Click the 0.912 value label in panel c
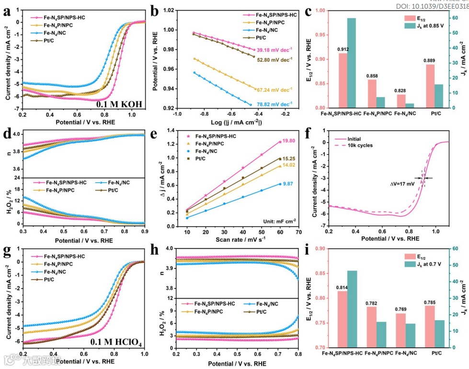tap(343, 49)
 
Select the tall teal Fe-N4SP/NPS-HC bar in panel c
tap(352, 63)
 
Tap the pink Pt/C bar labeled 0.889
tap(430, 86)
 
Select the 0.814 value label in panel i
tap(343, 287)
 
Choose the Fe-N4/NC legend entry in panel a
tap(55, 33)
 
